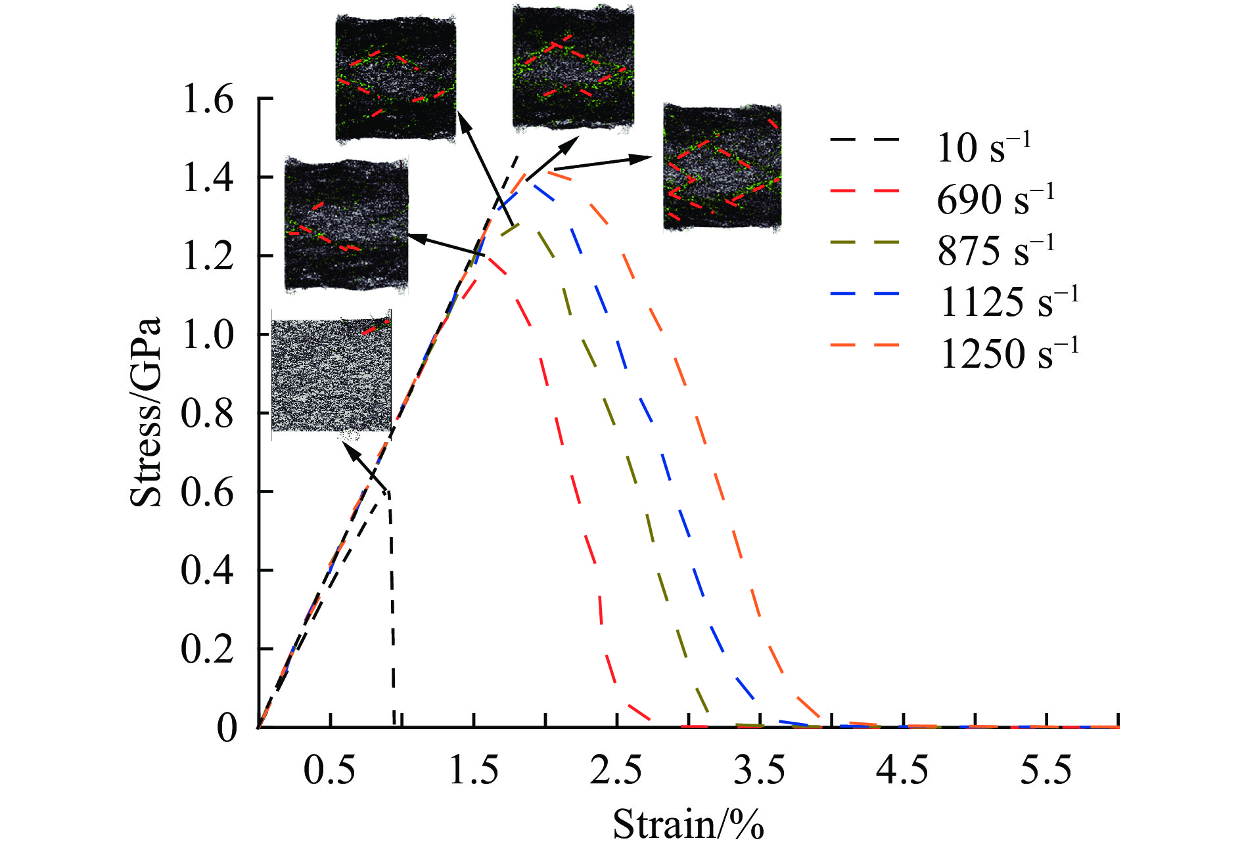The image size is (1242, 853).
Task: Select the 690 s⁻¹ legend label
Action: tap(995, 199)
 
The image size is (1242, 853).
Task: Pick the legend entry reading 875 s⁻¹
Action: tap(995, 250)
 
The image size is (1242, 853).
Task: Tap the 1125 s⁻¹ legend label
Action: tap(1009, 302)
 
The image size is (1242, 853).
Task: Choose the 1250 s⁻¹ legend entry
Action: tap(1009, 353)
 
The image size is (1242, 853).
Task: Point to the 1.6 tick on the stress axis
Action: tap(208, 100)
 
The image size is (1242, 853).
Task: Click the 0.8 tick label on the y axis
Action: tap(208, 414)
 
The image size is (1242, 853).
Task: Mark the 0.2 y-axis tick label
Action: tap(208, 649)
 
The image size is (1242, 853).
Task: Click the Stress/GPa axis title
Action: tap(145, 412)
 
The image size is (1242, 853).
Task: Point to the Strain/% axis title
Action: tap(688, 825)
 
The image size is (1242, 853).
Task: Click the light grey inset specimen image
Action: tap(331, 374)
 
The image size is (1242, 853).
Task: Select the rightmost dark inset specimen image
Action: tap(722, 167)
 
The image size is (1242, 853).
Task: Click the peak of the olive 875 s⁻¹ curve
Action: tap(519, 225)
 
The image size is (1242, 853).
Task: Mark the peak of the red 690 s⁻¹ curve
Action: tap(486, 257)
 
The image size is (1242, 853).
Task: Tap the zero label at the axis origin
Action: tap(227, 728)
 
